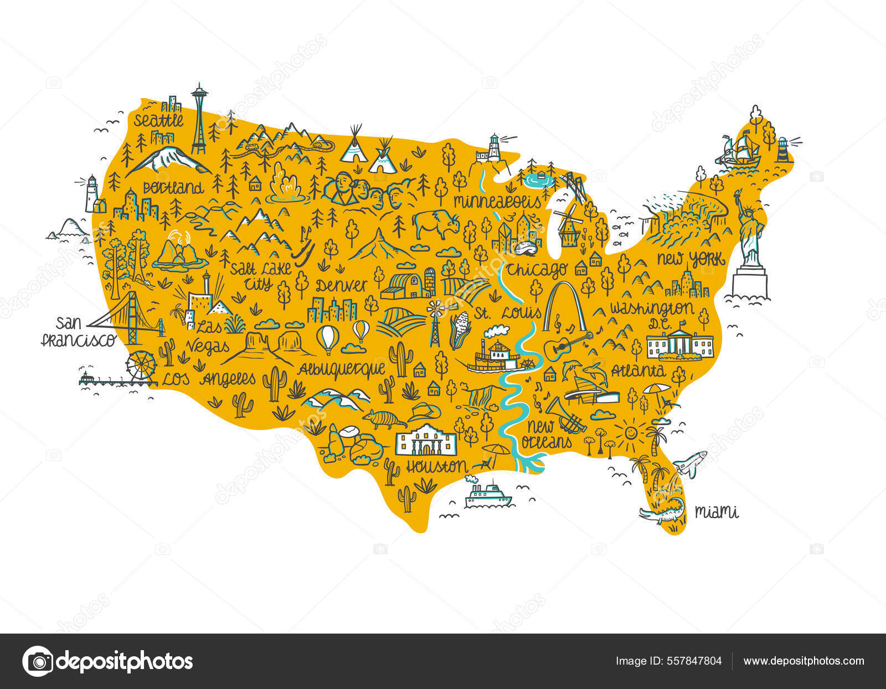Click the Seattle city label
[158, 120]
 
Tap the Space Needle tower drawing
[198, 119]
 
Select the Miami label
[717, 512]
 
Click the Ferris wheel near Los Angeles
[141, 366]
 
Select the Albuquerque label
[342, 369]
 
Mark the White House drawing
[680, 343]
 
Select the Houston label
[436, 466]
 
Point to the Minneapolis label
[497, 201]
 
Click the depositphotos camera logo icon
[38, 661]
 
